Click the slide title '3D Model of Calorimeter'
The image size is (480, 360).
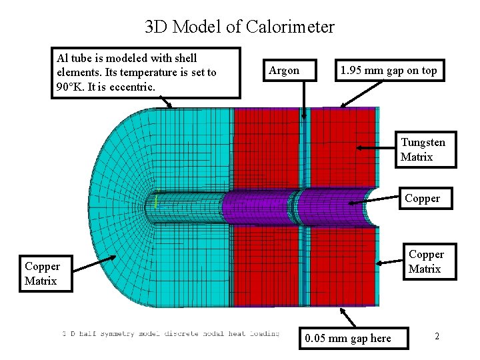pyautogui.click(x=239, y=27)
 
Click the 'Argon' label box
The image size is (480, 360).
pyautogui.click(x=284, y=70)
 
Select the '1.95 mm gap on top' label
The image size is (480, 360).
pyautogui.click(x=389, y=70)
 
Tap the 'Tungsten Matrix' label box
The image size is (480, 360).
pyautogui.click(x=423, y=149)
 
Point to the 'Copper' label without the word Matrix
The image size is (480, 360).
pyautogui.click(x=422, y=198)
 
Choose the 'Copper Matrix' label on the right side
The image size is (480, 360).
pyautogui.click(x=425, y=261)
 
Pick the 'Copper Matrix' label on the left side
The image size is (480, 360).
pyautogui.click(x=42, y=273)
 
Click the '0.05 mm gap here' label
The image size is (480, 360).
pyautogui.click(x=347, y=338)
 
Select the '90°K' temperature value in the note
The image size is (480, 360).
pyautogui.click(x=72, y=87)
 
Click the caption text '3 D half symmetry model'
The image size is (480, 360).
pyautogui.click(x=110, y=333)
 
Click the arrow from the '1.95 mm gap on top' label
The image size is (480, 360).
pyautogui.click(x=359, y=93)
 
